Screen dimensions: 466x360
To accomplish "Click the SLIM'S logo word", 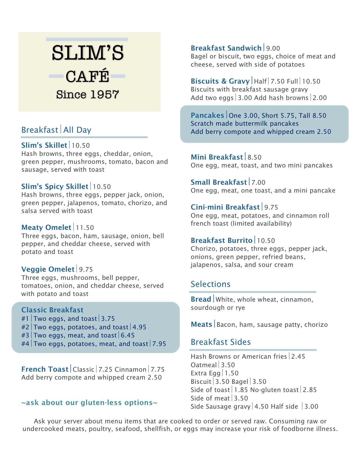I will [88, 53].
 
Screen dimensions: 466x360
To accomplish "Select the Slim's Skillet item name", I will [44, 145].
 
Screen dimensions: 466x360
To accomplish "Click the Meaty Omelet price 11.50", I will [85, 228].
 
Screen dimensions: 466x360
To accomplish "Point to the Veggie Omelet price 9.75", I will [86, 269].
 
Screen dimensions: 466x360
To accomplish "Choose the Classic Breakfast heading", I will [52, 310].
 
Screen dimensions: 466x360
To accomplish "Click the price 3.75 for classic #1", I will [108, 319].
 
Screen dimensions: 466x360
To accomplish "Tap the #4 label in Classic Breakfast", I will [25, 344].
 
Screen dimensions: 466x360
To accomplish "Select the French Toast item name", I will [45, 369].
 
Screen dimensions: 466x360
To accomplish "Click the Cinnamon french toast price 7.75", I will [158, 369].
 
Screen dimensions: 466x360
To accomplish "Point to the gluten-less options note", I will [89, 402].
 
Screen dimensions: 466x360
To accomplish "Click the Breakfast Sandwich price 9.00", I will [273, 48].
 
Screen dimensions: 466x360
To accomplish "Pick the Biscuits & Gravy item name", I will [220, 81].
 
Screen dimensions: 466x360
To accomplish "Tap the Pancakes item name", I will [207, 115].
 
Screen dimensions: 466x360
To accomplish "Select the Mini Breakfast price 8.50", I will [254, 157].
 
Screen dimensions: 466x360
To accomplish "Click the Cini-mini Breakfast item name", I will [225, 207].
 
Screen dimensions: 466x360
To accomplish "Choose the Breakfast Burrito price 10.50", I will [266, 241].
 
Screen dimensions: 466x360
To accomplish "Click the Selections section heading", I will [210, 284].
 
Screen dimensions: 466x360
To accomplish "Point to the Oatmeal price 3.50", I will [228, 365].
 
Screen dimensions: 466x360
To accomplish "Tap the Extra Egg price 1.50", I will [232, 373].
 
